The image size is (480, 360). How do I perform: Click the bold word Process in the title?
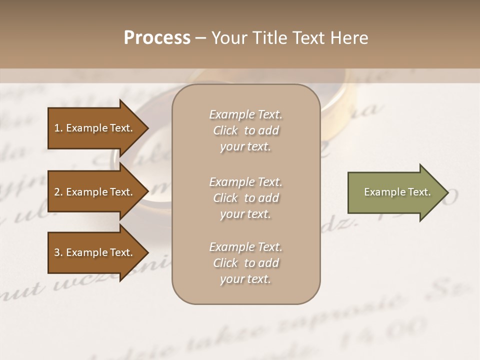(x=157, y=38)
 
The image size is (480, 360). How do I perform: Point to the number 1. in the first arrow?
(x=58, y=128)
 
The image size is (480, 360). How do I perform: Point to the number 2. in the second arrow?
(x=58, y=192)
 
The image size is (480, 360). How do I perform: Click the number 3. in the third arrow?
(x=58, y=252)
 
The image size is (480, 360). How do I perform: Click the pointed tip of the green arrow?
(x=446, y=192)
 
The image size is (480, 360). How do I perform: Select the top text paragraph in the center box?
(x=245, y=130)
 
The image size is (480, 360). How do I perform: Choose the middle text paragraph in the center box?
(x=245, y=197)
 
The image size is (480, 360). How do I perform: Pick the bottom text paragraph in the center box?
(x=245, y=263)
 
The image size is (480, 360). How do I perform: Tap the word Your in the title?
(x=228, y=38)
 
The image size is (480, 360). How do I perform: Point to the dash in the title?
(x=200, y=38)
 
